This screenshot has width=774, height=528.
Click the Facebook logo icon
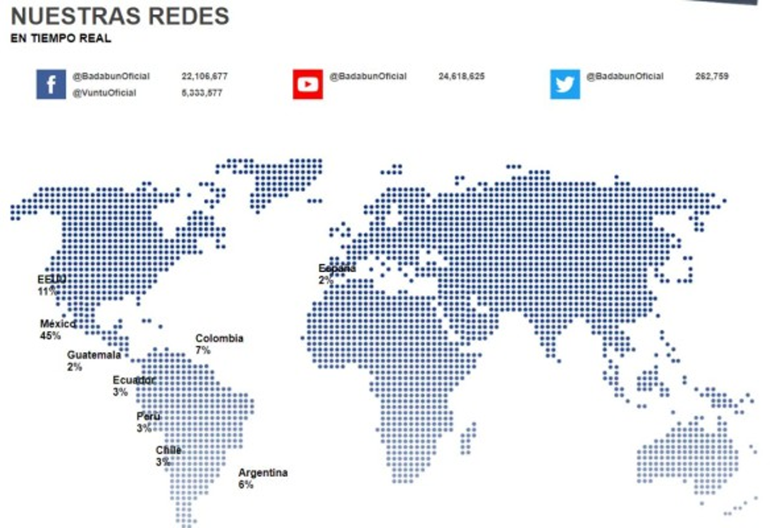point(51,84)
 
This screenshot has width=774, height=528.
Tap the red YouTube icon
point(308,84)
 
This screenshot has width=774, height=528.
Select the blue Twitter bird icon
point(565,84)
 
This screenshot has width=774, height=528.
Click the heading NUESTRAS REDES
point(120,16)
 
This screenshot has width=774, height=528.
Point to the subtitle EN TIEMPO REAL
point(61,39)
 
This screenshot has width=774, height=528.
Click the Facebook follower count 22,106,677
point(204,77)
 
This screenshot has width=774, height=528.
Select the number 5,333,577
point(202,93)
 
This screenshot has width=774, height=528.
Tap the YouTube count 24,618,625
point(462,77)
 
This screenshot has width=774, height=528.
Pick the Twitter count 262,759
point(711,77)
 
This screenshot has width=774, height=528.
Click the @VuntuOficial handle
point(104,93)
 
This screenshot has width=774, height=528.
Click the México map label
point(58,324)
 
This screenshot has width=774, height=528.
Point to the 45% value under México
point(50,336)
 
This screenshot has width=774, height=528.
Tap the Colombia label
point(219,339)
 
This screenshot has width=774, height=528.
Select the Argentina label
point(262,473)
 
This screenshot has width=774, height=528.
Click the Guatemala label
point(94,355)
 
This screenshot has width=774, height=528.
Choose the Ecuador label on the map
point(133,380)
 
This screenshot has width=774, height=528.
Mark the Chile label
point(168,450)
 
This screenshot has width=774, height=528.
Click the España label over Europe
point(337,268)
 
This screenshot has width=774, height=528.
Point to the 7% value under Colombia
point(203,350)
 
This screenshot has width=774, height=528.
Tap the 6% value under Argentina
point(245,484)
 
